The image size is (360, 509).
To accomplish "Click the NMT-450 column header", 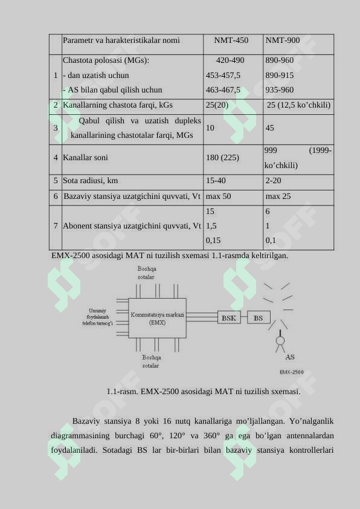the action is click(231, 41).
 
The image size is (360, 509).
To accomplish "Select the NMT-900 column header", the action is click(282, 41).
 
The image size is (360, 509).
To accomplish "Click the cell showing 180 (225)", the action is click(222, 157).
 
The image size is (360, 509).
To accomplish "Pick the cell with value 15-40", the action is click(216, 180).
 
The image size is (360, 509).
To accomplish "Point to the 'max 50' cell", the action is click(218, 196).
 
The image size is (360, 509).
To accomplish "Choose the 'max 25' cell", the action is click(278, 196).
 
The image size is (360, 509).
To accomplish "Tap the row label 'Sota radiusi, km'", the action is click(91, 180).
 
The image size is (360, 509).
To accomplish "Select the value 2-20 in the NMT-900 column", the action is click(273, 180).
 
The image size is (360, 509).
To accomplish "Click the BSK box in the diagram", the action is click(229, 318).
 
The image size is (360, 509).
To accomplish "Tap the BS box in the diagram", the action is click(259, 318).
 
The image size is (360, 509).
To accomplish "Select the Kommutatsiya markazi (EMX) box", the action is click(158, 319).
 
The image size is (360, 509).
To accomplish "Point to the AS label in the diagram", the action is click(290, 357).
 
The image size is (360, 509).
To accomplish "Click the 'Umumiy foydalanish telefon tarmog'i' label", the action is click(97, 317).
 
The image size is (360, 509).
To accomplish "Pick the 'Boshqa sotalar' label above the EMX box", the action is click(146, 273).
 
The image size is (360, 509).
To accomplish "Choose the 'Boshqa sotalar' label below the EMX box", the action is click(151, 361).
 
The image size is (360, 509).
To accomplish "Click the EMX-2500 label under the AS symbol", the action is click(291, 372).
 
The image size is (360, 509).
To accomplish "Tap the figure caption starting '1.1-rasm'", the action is click(203, 392).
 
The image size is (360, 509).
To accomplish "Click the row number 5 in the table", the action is click(56, 180).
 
